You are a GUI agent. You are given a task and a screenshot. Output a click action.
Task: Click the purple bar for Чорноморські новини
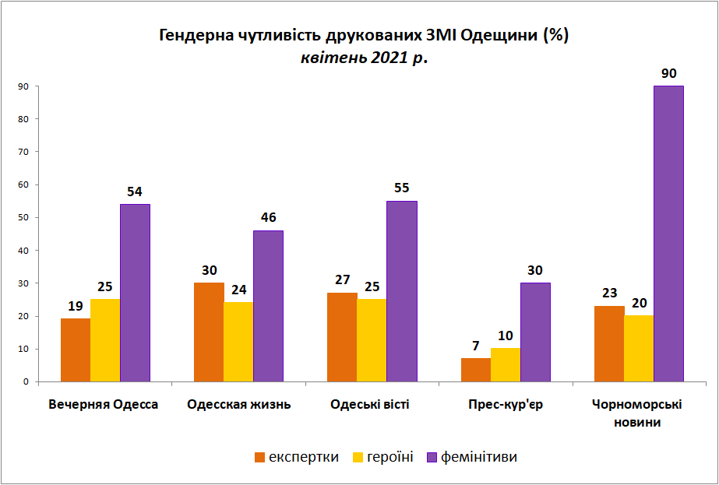668,234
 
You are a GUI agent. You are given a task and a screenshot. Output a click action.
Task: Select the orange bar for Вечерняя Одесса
76,350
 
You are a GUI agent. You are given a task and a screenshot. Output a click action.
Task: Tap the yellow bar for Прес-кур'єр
506,365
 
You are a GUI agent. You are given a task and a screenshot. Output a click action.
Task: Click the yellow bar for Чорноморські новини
639,349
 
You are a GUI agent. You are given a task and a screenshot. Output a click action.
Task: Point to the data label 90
668,74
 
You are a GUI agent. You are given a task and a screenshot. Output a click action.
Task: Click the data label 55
401,188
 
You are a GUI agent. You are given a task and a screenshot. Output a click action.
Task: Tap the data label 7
475,346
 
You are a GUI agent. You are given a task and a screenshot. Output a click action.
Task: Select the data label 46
268,218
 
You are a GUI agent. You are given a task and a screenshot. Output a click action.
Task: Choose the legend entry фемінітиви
478,457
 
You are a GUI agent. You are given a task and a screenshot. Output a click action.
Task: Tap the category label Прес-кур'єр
505,405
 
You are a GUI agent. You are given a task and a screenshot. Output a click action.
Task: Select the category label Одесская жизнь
239,405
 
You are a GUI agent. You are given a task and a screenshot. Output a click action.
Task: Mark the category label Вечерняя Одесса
104,405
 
